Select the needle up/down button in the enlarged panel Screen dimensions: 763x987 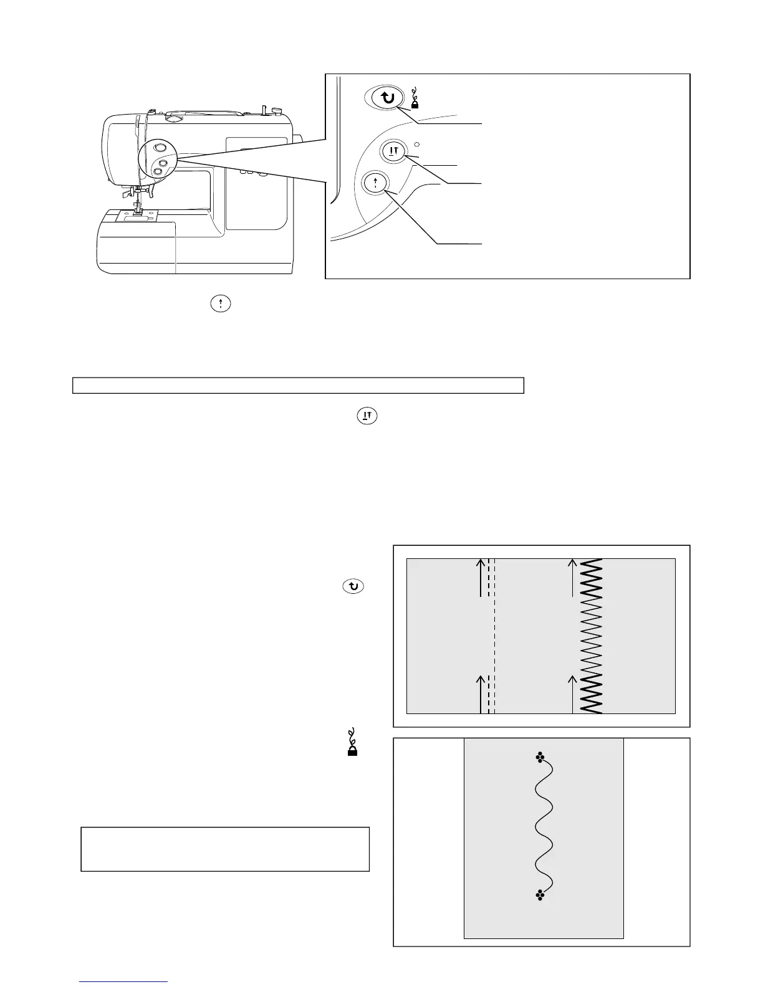[x=393, y=152]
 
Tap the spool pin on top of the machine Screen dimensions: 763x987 [x=266, y=110]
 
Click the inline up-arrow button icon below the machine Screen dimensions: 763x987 [x=221, y=303]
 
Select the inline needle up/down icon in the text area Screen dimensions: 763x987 [x=367, y=416]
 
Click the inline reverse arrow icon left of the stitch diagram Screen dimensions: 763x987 [x=353, y=586]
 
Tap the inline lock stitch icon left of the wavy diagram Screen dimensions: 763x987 [x=352, y=743]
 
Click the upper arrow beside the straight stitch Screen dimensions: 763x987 [x=481, y=578]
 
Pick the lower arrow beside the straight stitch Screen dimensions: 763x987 [x=481, y=694]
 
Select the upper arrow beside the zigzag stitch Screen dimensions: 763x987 [x=572, y=578]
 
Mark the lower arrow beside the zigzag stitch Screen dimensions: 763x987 [x=572, y=694]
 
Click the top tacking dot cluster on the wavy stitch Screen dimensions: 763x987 [x=540, y=758]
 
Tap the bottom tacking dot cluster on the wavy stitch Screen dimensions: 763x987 [x=540, y=895]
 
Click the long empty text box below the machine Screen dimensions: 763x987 [x=298, y=385]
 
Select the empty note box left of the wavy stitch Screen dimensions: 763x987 [x=225, y=849]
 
